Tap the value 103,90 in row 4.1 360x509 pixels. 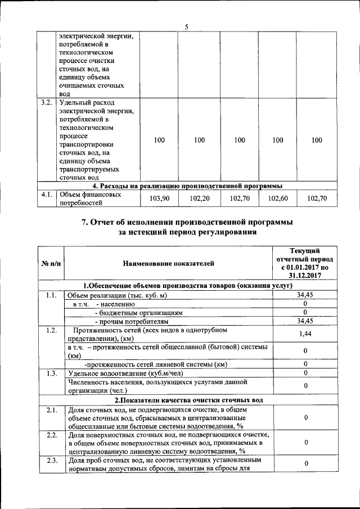(x=159, y=199)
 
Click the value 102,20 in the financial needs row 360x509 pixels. (x=199, y=199)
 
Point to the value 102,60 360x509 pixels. (x=277, y=199)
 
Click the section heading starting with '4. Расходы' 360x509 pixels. (x=187, y=185)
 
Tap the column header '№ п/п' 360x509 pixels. (x=51, y=263)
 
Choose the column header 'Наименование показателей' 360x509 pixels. (x=169, y=263)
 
